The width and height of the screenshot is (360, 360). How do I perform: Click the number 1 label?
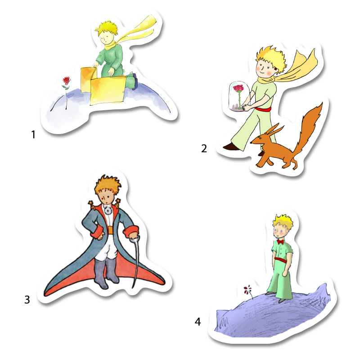(x=33, y=135)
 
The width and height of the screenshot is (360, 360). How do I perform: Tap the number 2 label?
(x=204, y=148)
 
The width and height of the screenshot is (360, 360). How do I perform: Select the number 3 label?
(x=27, y=300)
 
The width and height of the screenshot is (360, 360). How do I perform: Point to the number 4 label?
(x=198, y=322)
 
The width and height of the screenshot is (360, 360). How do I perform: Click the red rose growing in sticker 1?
(x=66, y=81)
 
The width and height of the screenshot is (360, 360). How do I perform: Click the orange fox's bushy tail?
(x=309, y=129)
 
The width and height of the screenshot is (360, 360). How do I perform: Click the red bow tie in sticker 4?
(x=280, y=242)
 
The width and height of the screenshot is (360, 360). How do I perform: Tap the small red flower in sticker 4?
(x=247, y=289)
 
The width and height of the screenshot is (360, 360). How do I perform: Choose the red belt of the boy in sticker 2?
(x=263, y=109)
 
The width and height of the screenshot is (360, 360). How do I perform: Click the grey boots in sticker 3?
(x=107, y=272)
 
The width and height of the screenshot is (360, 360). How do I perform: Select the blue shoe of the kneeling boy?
(x=135, y=81)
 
